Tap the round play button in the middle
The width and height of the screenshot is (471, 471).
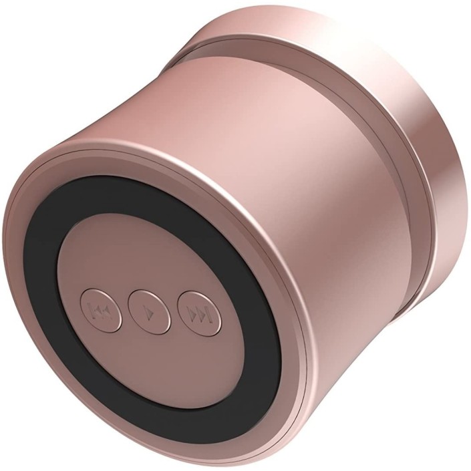(149, 311)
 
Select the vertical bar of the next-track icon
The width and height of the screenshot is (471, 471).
(208, 313)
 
